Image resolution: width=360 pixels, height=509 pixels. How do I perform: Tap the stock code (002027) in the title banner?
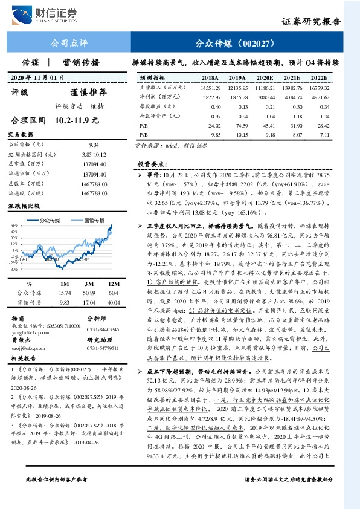256,44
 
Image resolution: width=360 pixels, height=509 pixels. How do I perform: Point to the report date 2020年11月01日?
38,77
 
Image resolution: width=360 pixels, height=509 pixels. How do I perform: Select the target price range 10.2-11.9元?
77,120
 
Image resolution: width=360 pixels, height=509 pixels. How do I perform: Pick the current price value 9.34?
94,145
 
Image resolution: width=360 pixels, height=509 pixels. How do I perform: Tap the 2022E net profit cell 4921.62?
320,97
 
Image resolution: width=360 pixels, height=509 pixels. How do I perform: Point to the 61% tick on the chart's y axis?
13,225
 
